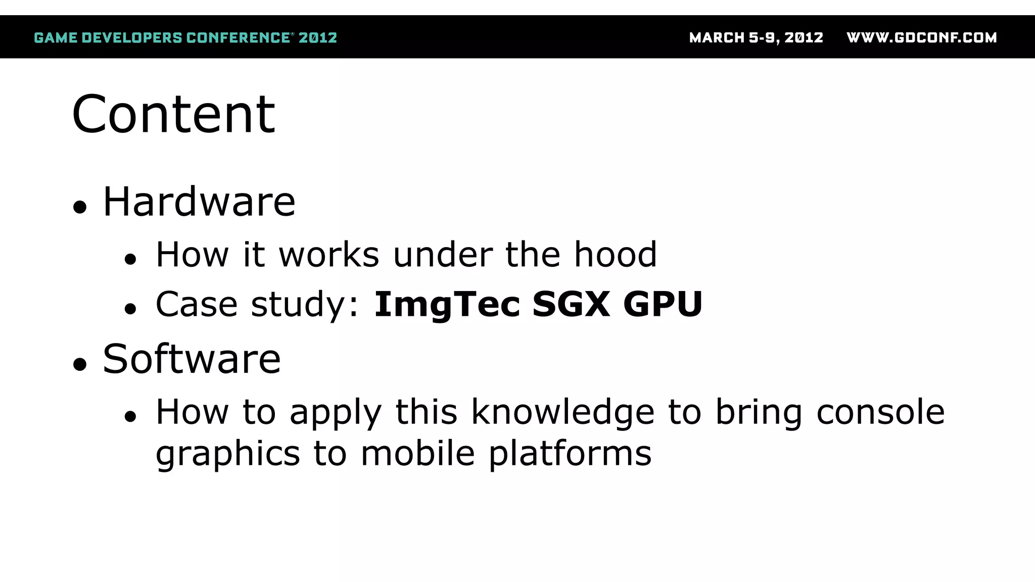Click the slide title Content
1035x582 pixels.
(x=173, y=115)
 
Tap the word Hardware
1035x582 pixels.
(x=199, y=202)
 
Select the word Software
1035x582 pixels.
(x=192, y=359)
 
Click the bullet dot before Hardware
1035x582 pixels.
(x=80, y=207)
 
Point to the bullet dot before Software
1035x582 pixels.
(x=80, y=364)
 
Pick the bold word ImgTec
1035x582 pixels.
(x=447, y=305)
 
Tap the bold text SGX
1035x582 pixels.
(x=571, y=304)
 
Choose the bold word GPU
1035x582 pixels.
(x=663, y=304)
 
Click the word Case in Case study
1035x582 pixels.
(x=197, y=304)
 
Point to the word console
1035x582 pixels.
(x=880, y=412)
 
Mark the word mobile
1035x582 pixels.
(x=418, y=453)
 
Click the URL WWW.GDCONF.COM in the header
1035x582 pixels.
(x=921, y=38)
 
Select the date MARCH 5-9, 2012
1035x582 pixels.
(x=756, y=38)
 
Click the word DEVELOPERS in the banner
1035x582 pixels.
(x=132, y=38)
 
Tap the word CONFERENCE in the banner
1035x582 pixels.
(x=238, y=38)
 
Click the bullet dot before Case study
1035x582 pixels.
(x=130, y=309)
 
